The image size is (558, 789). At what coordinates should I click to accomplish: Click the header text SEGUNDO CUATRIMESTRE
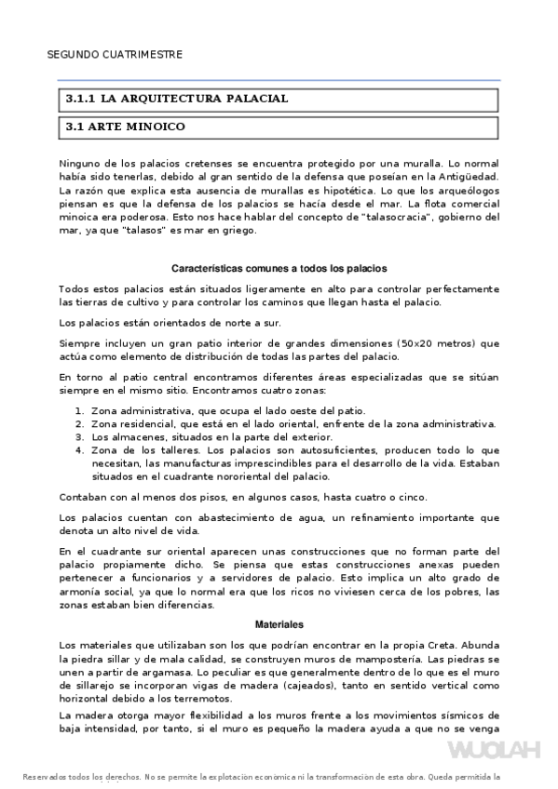point(114,54)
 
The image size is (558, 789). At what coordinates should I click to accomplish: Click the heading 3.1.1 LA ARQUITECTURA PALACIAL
point(176,98)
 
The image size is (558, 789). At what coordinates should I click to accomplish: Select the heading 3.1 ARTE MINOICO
point(124,125)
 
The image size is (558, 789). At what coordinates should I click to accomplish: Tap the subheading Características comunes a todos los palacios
point(279,268)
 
